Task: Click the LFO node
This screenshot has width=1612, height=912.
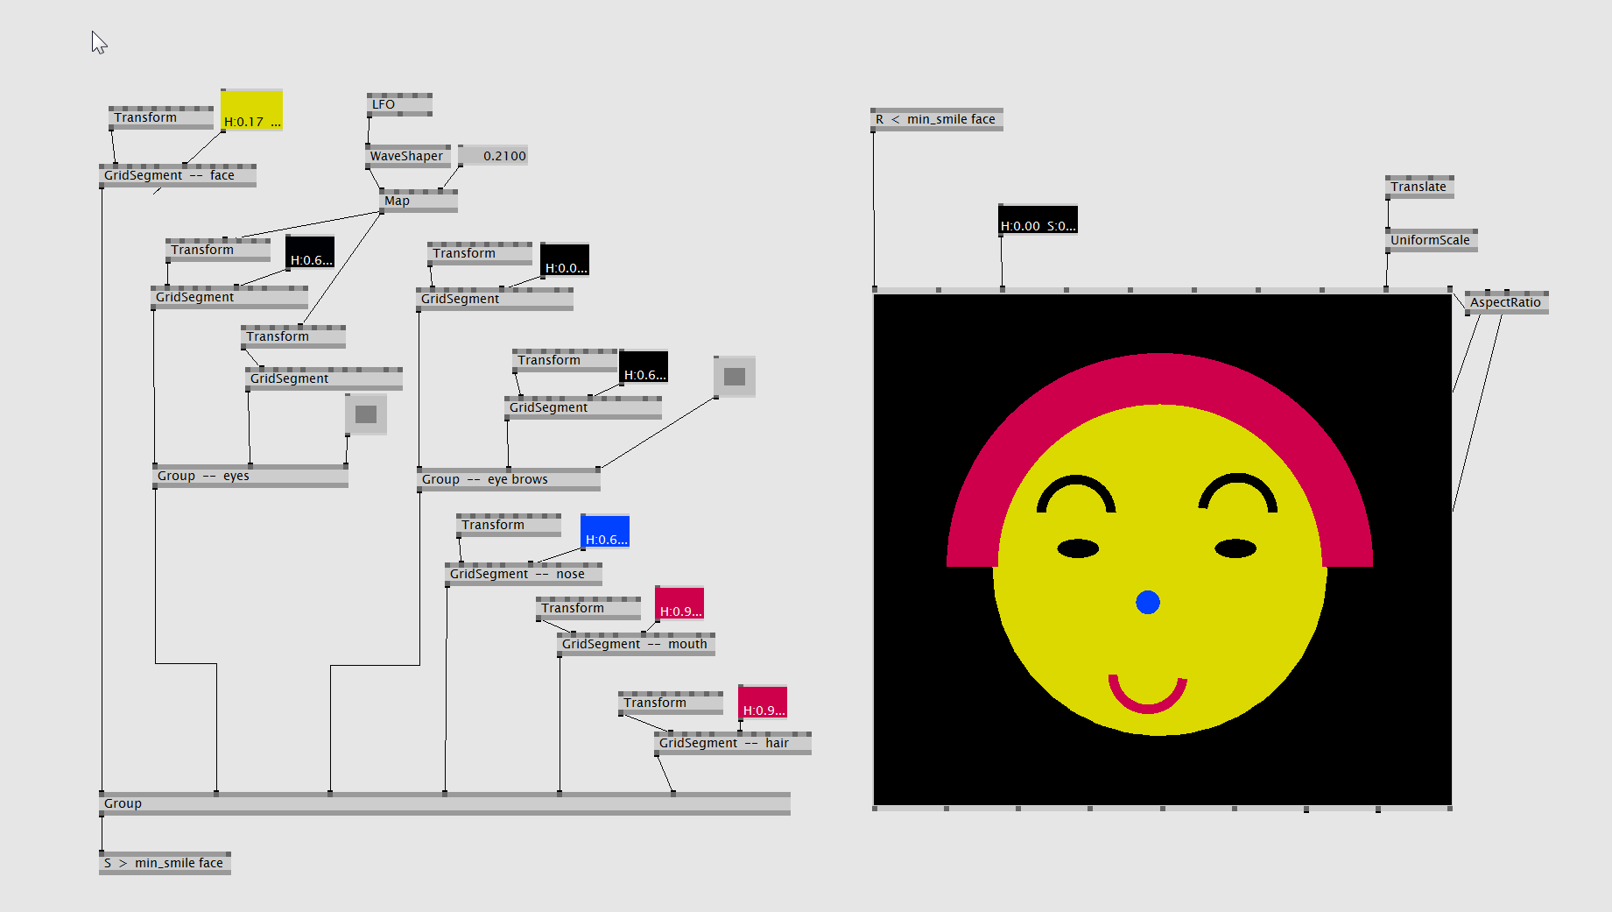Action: pyautogui.click(x=399, y=104)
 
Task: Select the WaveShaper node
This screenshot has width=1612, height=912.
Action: pyautogui.click(x=407, y=156)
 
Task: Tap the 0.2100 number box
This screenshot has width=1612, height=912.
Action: pyautogui.click(x=494, y=156)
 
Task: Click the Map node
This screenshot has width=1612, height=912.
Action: pyautogui.click(x=419, y=201)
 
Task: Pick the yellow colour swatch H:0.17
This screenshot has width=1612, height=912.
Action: pyautogui.click(x=251, y=110)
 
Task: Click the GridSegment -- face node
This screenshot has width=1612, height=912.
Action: pyautogui.click(x=178, y=175)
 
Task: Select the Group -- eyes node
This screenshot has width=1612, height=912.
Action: pyautogui.click(x=250, y=476)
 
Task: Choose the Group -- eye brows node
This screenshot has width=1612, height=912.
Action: pyautogui.click(x=509, y=479)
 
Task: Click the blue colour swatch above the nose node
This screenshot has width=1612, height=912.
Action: pyautogui.click(x=605, y=532)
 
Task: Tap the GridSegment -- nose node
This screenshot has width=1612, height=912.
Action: pyautogui.click(x=524, y=574)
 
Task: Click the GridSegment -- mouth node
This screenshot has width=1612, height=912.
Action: pyautogui.click(x=637, y=644)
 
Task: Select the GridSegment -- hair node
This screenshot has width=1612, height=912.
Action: pyautogui.click(x=733, y=743)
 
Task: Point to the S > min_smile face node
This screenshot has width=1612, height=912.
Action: pyautogui.click(x=165, y=863)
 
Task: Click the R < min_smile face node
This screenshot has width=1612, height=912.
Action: pyautogui.click(x=937, y=119)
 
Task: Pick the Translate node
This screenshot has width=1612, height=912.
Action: pyautogui.click(x=1419, y=187)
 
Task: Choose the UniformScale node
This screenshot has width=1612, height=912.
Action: pyautogui.click(x=1432, y=240)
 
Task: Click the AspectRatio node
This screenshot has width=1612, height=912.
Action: pyautogui.click(x=1506, y=302)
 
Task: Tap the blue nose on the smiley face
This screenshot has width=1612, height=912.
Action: pyautogui.click(x=1148, y=602)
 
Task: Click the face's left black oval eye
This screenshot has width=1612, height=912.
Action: pyautogui.click(x=1078, y=548)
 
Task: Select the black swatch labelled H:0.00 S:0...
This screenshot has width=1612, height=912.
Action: pyautogui.click(x=1038, y=220)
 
